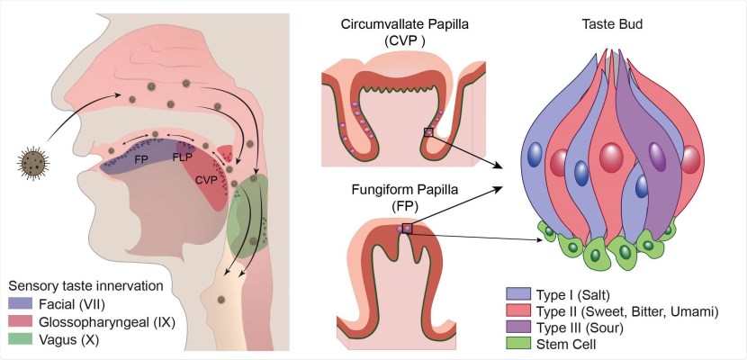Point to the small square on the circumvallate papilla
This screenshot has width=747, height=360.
(428, 133)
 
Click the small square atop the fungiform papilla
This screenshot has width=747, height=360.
(408, 228)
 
